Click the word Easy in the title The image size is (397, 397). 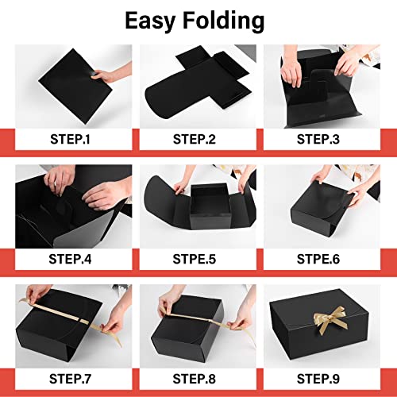click(150, 21)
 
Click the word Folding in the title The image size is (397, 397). click(224, 21)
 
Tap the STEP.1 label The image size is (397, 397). click(70, 139)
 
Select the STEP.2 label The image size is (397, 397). click(195, 139)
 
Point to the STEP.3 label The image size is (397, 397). click(318, 139)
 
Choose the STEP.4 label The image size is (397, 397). click(70, 259)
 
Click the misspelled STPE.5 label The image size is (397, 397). click(195, 259)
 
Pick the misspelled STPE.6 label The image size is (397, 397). click(318, 259)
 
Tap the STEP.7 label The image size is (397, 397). click(70, 379)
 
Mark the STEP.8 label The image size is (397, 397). click(195, 379)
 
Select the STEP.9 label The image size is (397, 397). click(318, 379)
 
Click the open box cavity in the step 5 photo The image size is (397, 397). click(209, 200)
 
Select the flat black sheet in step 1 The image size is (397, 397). click(75, 86)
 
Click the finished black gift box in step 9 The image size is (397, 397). click(319, 324)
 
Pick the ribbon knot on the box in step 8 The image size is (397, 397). click(210, 321)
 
